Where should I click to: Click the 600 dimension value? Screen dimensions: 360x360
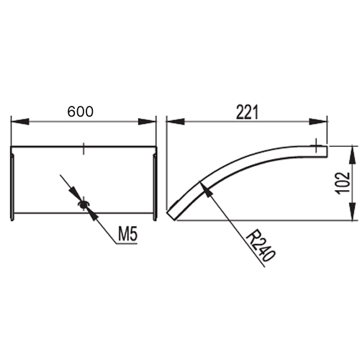pos(80,112)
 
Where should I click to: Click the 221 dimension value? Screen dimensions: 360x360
pos(247,112)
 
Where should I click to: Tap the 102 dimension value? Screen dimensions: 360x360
pos(343,183)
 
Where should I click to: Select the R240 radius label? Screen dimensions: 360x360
pos(260,246)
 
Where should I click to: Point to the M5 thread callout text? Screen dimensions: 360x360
pos(128,234)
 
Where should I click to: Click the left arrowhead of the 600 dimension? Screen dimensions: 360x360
pos(20,122)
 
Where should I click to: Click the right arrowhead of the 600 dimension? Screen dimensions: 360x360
pos(147,122)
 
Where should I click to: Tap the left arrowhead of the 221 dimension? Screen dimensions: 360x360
pos(176,122)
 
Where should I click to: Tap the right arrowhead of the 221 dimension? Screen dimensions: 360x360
pos(318,122)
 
